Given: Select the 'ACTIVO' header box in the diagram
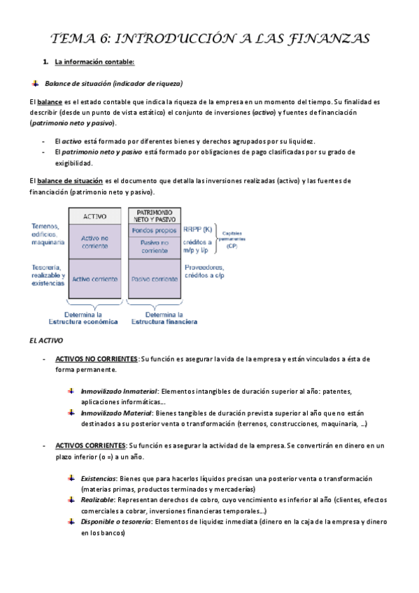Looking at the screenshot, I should click(95, 216).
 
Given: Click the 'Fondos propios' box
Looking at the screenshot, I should click(155, 229).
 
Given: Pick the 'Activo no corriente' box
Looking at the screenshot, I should click(95, 242).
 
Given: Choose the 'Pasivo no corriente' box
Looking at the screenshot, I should click(155, 246).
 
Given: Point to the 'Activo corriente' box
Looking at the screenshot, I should click(95, 279).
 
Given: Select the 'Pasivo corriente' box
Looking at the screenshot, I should click(155, 279).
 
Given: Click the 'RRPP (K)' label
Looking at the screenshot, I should click(199, 229).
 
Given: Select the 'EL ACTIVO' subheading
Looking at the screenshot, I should click(46, 341).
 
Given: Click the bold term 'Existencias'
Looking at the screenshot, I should click(99, 478).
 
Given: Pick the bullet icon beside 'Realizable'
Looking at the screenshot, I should click(72, 501).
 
